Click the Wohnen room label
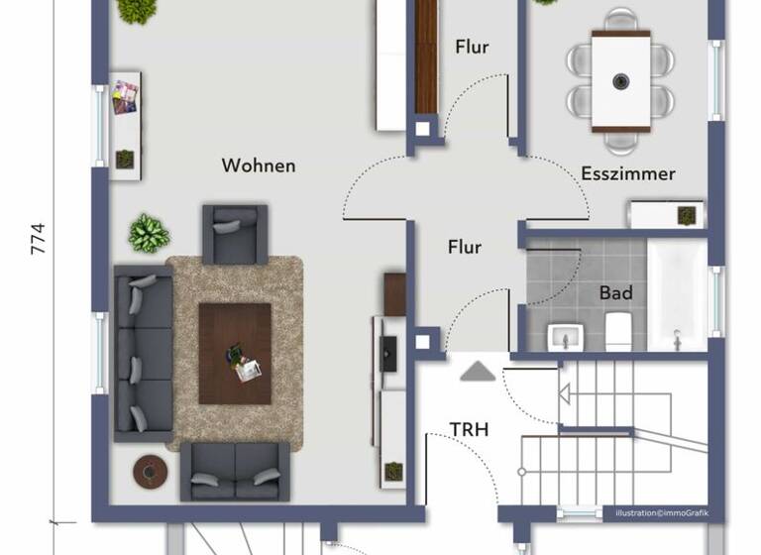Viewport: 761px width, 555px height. tap(259, 166)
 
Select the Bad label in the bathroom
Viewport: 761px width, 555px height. tap(615, 293)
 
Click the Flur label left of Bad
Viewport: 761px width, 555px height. tap(465, 247)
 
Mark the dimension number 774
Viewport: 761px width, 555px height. tap(39, 238)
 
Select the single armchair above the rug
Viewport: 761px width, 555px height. tap(235, 234)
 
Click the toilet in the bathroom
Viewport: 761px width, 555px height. tap(618, 329)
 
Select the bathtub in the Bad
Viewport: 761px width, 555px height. tap(679, 294)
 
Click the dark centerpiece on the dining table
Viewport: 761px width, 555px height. tap(621, 80)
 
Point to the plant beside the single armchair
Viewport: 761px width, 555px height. tap(148, 233)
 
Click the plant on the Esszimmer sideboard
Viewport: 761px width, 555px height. tap(685, 214)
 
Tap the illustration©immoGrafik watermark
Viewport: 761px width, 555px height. tap(662, 513)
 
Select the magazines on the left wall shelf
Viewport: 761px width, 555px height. tap(125, 97)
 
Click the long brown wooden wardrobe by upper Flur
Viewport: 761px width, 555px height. tap(426, 56)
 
